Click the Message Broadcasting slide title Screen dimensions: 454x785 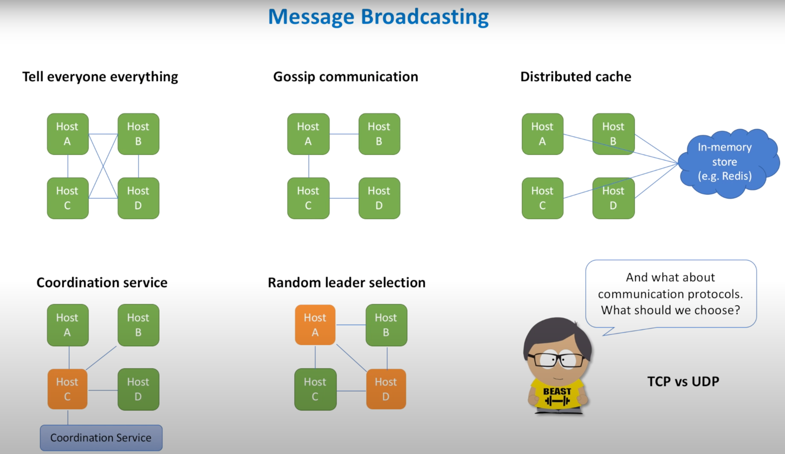point(378,17)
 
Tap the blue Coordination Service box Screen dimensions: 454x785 point(101,437)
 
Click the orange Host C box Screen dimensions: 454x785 point(68,389)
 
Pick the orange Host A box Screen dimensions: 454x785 point(315,325)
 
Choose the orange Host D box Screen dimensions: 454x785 point(386,389)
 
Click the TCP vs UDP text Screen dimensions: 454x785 point(683,382)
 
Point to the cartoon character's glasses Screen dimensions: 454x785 point(558,360)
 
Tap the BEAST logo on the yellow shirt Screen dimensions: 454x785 point(557,396)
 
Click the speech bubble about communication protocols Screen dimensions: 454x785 point(670,293)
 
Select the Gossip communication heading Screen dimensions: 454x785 point(345,77)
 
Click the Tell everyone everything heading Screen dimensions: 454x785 point(100,77)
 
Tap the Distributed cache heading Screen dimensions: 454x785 point(575,77)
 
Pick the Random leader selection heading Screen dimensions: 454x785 point(346,283)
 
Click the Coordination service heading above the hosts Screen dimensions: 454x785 point(102,283)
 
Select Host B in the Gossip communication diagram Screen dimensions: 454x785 point(379,134)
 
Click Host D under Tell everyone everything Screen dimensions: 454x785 point(138,198)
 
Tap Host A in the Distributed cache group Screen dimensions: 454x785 point(542,134)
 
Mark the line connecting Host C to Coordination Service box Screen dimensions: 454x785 point(68,417)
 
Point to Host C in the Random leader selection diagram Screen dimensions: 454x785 point(315,389)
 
